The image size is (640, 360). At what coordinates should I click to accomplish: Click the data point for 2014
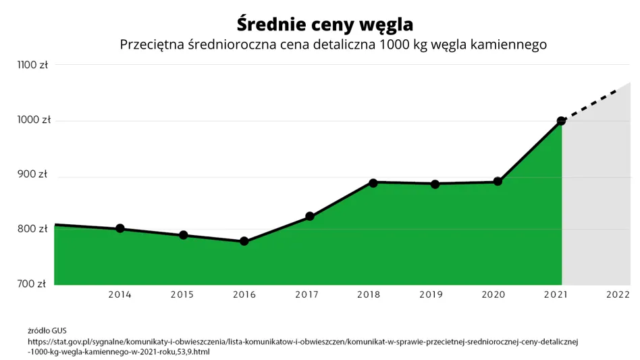click(x=119, y=228)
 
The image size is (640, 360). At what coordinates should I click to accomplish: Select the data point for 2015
click(x=183, y=235)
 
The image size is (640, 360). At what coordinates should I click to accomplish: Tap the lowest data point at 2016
click(x=244, y=241)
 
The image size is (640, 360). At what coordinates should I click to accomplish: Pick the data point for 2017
click(x=309, y=216)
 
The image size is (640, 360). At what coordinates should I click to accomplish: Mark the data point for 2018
click(x=373, y=182)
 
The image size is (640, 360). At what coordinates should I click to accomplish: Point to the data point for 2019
click(x=435, y=184)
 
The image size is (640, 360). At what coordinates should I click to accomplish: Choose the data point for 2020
click(x=498, y=181)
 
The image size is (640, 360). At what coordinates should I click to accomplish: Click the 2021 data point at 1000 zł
click(x=561, y=121)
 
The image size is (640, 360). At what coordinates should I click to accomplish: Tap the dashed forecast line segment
click(x=594, y=103)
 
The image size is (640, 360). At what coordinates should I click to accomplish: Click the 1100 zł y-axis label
click(x=32, y=65)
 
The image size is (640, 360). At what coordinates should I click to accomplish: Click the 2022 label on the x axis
click(x=618, y=294)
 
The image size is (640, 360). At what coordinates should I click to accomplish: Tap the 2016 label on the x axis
click(x=244, y=294)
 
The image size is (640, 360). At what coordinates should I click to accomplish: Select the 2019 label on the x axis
click(x=431, y=294)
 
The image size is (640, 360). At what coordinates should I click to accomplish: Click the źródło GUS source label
click(x=47, y=331)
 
